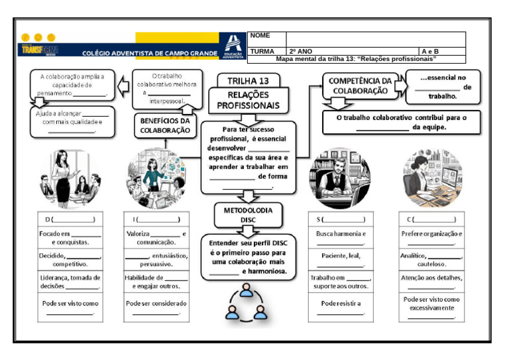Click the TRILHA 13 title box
pos(249,81)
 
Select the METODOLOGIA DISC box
pos(248,213)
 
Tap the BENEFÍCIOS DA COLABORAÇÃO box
pos(165,126)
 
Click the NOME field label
pos(260,36)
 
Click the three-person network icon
pos(247,304)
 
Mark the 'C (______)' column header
pos(431,219)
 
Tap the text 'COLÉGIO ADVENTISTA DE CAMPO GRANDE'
pos(149,53)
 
